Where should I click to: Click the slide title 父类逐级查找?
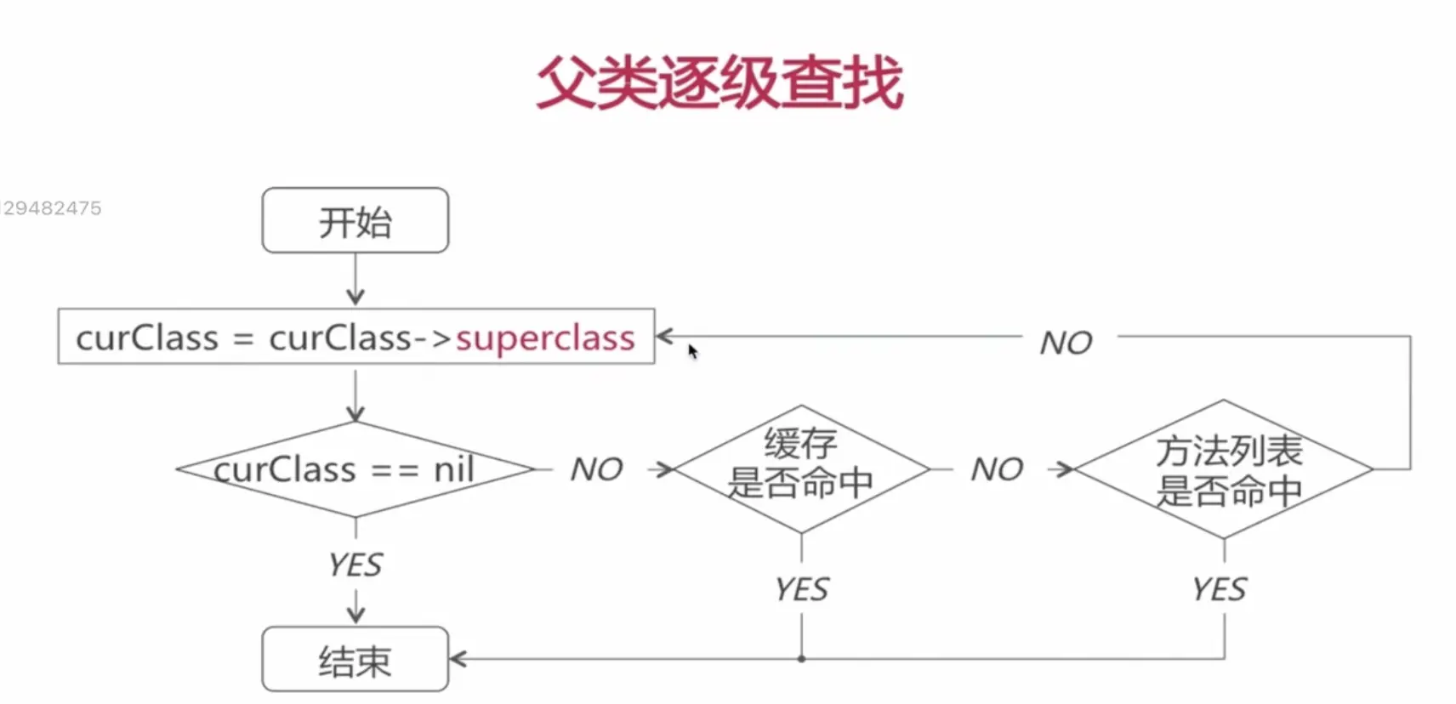[x=719, y=82]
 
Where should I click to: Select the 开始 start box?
[x=355, y=221]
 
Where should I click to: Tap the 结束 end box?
[x=355, y=660]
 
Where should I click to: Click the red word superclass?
[x=545, y=338]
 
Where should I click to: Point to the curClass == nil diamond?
[x=355, y=469]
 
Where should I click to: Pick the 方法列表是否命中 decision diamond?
[x=1225, y=469]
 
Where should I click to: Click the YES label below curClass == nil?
[x=355, y=565]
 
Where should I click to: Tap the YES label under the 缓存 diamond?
[x=801, y=589]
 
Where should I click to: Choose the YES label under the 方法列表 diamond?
[x=1219, y=589]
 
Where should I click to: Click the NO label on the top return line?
[x=1066, y=343]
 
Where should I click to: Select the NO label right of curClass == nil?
[x=596, y=469]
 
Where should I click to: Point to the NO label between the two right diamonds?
[x=997, y=469]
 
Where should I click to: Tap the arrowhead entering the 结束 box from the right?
[x=457, y=659]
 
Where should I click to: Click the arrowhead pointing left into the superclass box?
[x=664, y=337]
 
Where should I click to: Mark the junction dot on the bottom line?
[x=801, y=659]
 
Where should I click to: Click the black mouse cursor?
[x=692, y=350]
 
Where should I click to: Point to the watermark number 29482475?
[x=52, y=208]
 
